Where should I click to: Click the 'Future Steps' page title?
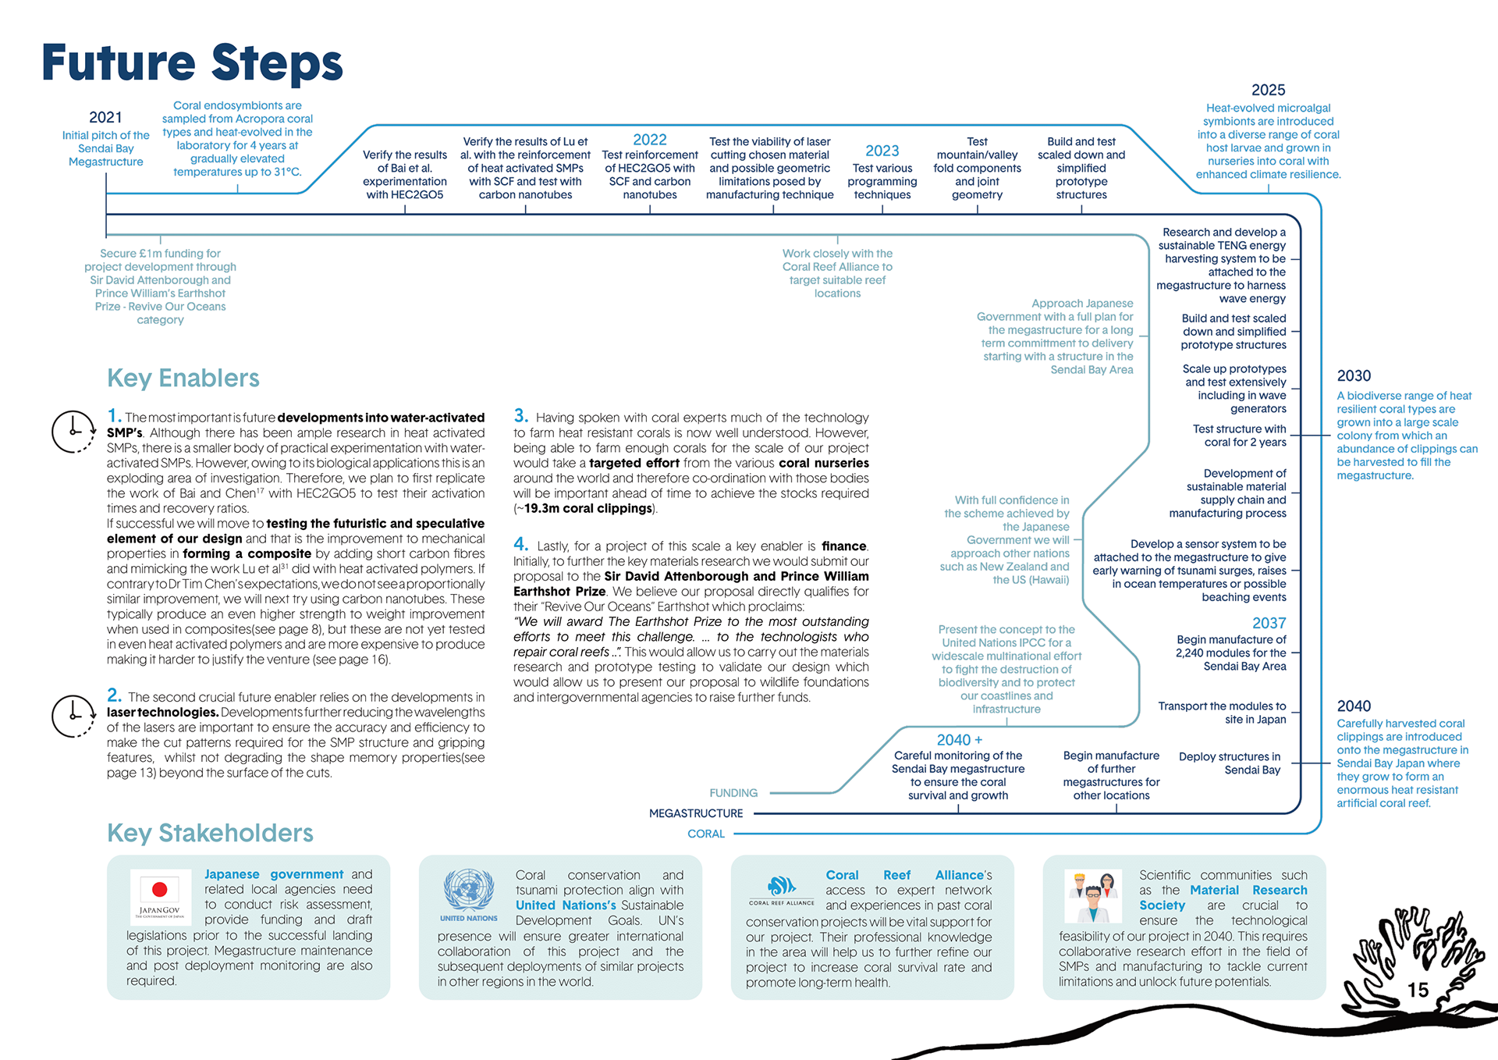coord(192,64)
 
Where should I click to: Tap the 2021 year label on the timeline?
coord(105,117)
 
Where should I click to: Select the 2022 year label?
coord(649,140)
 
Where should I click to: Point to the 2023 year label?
coord(882,151)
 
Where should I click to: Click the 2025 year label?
coord(1268,91)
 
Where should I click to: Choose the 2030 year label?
coord(1354,375)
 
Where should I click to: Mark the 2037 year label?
coord(1269,623)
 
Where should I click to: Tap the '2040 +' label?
coord(959,739)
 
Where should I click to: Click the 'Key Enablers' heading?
coord(183,379)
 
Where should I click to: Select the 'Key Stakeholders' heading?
coord(210,833)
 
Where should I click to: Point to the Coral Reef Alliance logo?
coord(781,889)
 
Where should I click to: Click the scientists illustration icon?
coord(1093,895)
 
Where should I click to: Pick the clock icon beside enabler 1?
coord(73,431)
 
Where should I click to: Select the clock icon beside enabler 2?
coord(73,716)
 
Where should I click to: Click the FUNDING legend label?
coord(733,793)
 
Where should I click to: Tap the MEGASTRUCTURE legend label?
coord(696,813)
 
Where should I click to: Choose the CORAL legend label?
coord(706,834)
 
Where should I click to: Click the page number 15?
coord(1418,990)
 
